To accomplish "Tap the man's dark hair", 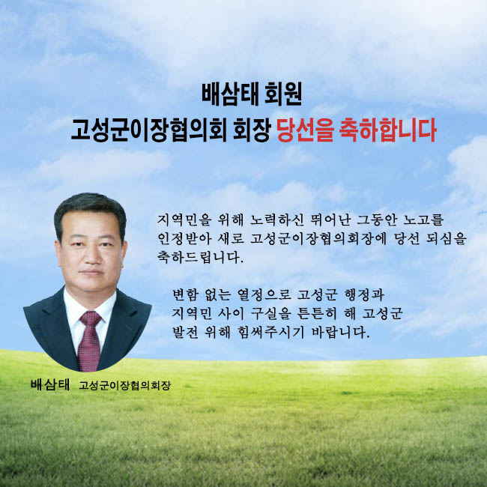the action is tap(90, 211).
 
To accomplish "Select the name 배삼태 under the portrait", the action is tap(50, 385).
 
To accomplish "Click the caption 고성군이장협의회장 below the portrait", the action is tap(124, 385).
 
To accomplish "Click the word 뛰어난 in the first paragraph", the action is tap(330, 220).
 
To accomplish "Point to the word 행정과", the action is tap(364, 294).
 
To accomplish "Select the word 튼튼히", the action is tap(317, 313).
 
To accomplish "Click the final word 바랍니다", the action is tap(342, 332).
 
